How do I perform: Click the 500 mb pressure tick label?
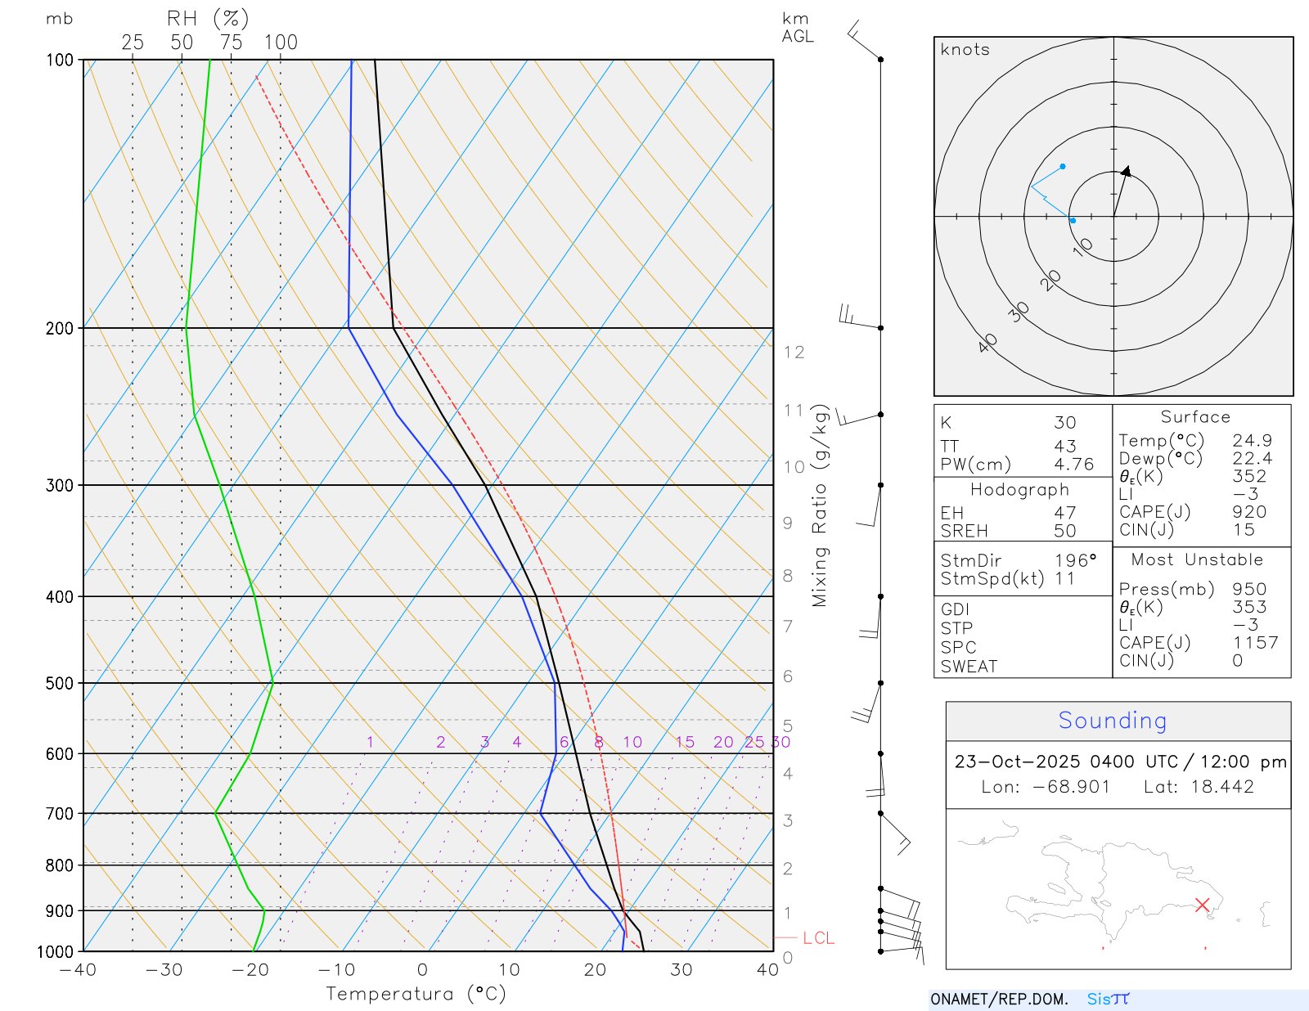tap(59, 683)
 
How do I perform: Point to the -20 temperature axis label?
tap(250, 970)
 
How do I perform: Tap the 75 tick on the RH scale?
tap(231, 43)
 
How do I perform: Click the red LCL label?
tap(818, 938)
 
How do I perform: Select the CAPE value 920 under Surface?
tap(1249, 512)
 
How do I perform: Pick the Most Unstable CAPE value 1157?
tap(1255, 643)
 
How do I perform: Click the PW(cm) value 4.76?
tap(1073, 465)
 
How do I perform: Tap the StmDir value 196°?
tap(1075, 561)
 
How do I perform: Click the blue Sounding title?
tap(1112, 721)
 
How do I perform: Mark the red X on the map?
tap(1202, 905)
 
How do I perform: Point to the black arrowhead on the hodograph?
tap(1127, 171)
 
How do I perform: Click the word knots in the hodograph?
tap(965, 50)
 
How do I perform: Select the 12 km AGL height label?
tap(794, 353)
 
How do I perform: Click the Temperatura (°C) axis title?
tap(416, 994)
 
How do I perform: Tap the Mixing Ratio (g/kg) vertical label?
tap(820, 505)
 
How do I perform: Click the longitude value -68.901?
tap(1071, 787)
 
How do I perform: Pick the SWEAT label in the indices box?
tap(969, 667)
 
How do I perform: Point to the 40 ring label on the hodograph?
tap(988, 343)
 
